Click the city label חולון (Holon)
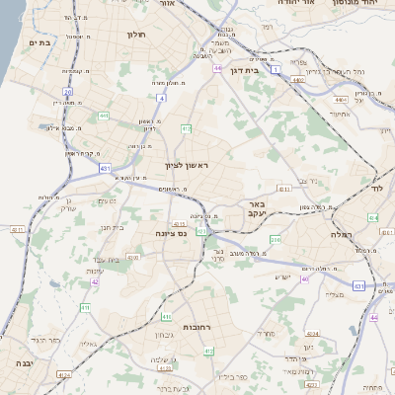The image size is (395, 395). pos(136,35)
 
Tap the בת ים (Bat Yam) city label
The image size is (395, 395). pos(39,42)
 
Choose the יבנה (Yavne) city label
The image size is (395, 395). pos(22,363)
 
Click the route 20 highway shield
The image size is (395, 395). pos(67,92)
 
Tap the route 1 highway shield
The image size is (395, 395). pos(277,69)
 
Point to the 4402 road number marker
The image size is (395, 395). pos(297,80)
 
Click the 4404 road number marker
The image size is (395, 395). pos(340,100)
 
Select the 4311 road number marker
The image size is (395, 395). pos(17,228)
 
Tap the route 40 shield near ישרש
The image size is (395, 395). pos(305,279)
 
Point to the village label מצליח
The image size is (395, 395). pos(334,294)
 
